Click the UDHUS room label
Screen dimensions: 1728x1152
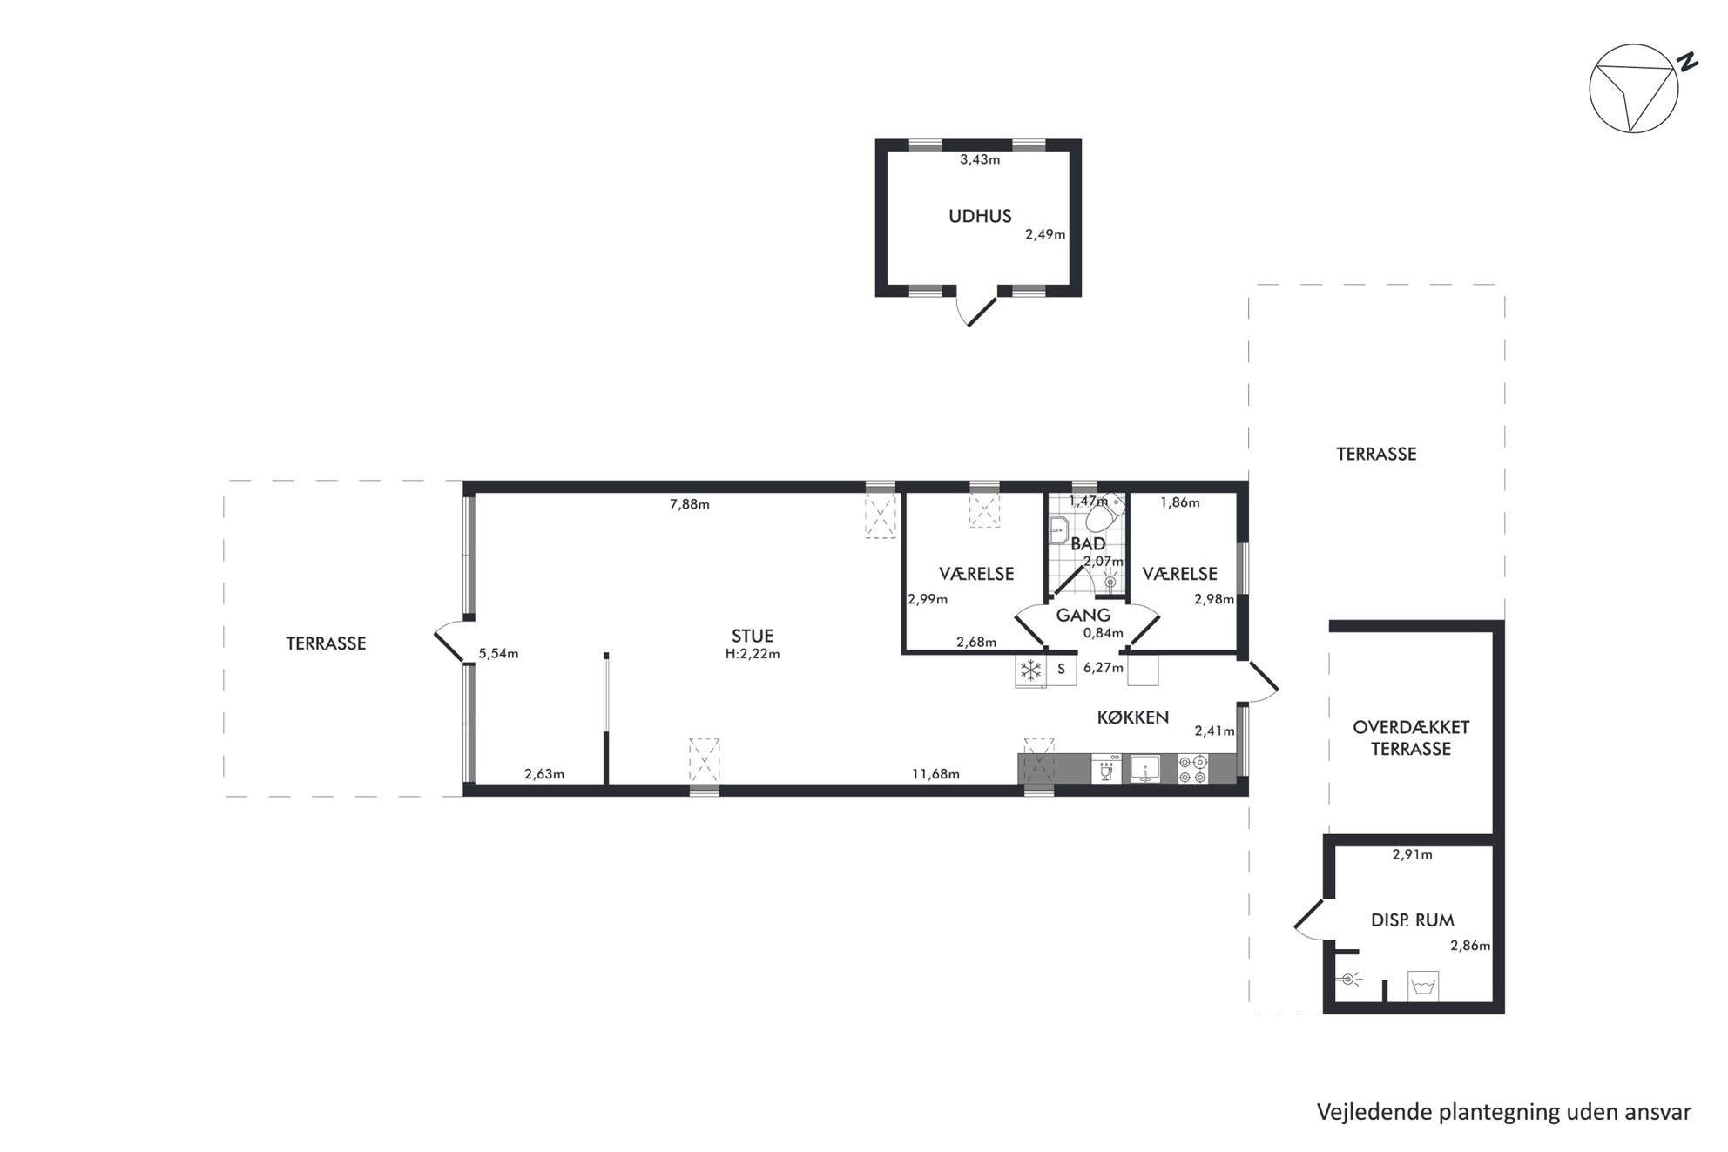[980, 216]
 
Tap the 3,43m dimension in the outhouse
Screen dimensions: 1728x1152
[980, 159]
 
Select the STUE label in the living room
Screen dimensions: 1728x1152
[753, 637]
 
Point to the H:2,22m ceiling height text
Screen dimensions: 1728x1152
[753, 654]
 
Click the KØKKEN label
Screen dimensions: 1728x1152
[1132, 717]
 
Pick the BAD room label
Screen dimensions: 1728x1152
[1088, 544]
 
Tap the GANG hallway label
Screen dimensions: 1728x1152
[1083, 616]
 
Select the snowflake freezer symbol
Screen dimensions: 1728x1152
[1031, 670]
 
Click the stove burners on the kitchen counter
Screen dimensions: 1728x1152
[1193, 769]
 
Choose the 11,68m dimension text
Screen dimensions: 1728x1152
[935, 774]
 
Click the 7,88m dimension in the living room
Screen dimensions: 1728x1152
[690, 504]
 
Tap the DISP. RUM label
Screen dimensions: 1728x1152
[1412, 920]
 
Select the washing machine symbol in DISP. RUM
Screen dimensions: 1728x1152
[1423, 986]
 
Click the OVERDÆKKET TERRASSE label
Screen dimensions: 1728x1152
[1411, 738]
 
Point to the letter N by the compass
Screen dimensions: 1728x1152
[1688, 62]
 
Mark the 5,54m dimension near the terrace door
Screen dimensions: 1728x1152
[498, 654]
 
